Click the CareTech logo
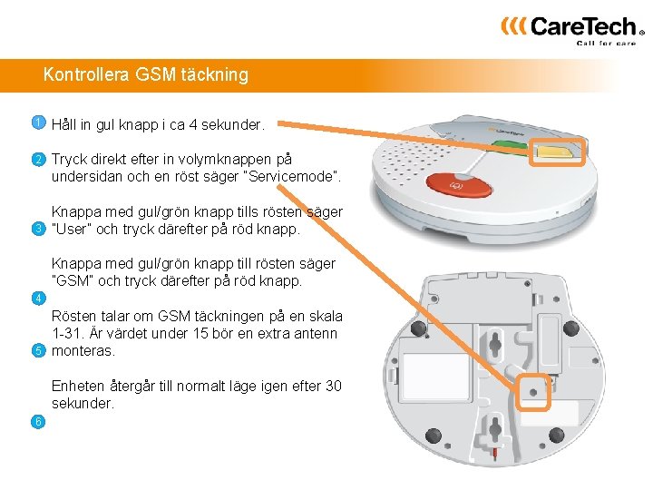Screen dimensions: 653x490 [573, 31]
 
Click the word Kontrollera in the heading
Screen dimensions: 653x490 [86, 74]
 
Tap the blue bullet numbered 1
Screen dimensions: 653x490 [38, 122]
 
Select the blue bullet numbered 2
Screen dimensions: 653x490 [38, 159]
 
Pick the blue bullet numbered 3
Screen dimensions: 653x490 [38, 229]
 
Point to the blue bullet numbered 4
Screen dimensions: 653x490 [38, 299]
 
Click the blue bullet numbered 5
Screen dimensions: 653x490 [38, 350]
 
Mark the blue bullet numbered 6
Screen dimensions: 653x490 [38, 422]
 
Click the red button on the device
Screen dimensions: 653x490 [459, 185]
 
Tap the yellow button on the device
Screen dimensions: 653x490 [556, 152]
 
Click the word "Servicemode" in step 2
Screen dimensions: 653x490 [291, 177]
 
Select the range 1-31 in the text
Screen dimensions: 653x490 [66, 333]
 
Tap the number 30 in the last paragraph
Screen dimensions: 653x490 [333, 386]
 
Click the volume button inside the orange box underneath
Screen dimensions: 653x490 [533, 392]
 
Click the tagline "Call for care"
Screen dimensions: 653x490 [606, 43]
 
